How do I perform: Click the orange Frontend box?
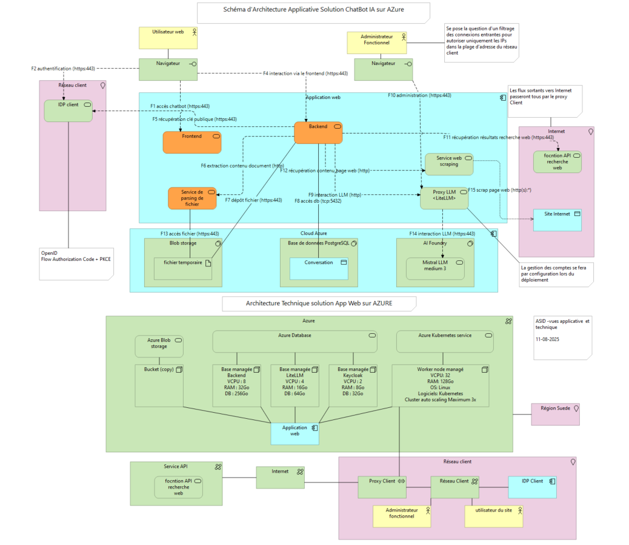191,142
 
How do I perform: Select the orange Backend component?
318,133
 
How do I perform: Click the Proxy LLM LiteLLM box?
444,198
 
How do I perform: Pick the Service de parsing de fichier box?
192,198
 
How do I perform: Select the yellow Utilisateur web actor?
168,38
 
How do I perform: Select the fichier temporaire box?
183,269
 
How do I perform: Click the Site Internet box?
557,220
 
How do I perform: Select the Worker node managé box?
441,385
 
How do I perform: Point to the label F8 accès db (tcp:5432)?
318,201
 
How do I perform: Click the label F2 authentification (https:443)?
63,69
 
